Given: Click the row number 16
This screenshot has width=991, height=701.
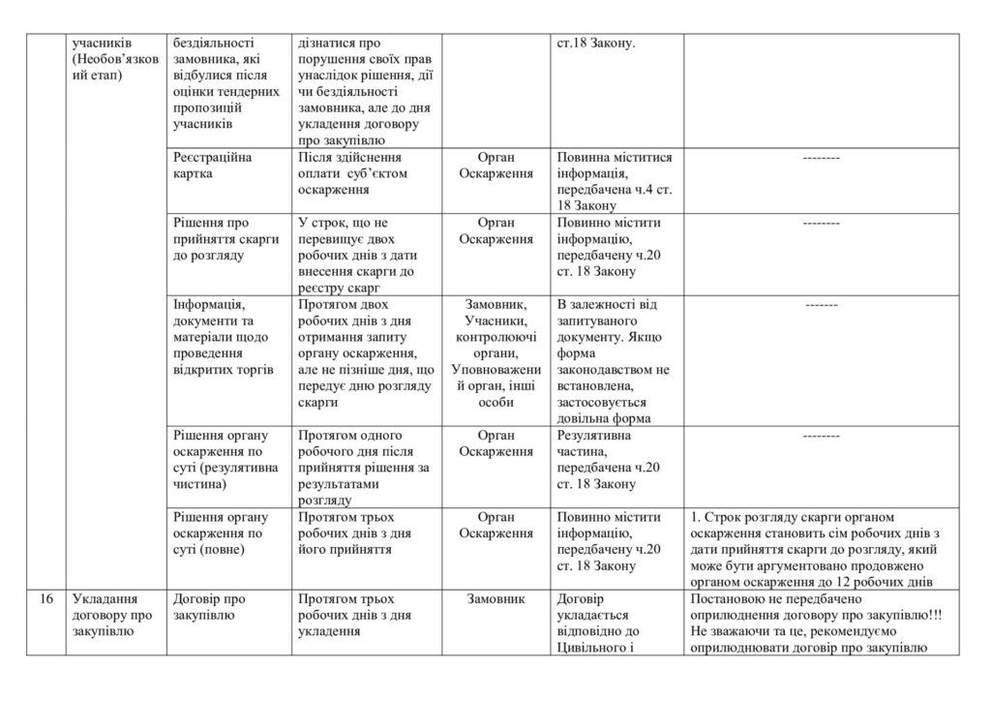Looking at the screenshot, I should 46,599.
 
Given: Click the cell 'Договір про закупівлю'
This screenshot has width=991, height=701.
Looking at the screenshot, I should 208,607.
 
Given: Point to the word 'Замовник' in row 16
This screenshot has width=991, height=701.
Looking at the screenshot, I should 495,599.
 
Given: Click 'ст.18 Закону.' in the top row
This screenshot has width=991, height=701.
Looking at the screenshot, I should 596,44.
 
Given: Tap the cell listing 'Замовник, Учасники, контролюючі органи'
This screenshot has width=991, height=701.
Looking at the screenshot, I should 495,352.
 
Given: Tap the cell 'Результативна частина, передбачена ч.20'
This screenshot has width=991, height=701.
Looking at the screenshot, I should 609,460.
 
